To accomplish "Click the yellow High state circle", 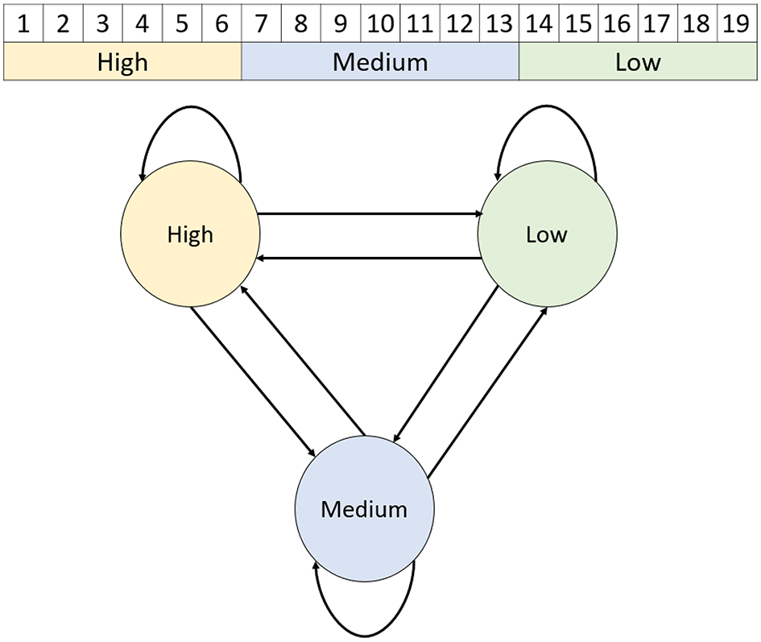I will click(x=190, y=235).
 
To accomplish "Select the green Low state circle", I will click(x=547, y=235).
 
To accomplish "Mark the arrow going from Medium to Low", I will click(x=487, y=391).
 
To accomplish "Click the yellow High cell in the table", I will click(x=122, y=62).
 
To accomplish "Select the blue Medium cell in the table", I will click(x=380, y=62).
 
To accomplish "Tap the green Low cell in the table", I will click(x=637, y=62).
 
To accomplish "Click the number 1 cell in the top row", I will click(x=23, y=23).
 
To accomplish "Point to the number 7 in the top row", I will click(x=261, y=23).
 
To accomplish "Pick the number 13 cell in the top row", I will click(x=498, y=23).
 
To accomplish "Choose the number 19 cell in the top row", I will click(x=736, y=23).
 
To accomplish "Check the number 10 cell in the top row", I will click(x=380, y=23).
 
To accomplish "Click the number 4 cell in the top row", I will click(x=143, y=23).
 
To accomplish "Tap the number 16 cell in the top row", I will click(x=618, y=23).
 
